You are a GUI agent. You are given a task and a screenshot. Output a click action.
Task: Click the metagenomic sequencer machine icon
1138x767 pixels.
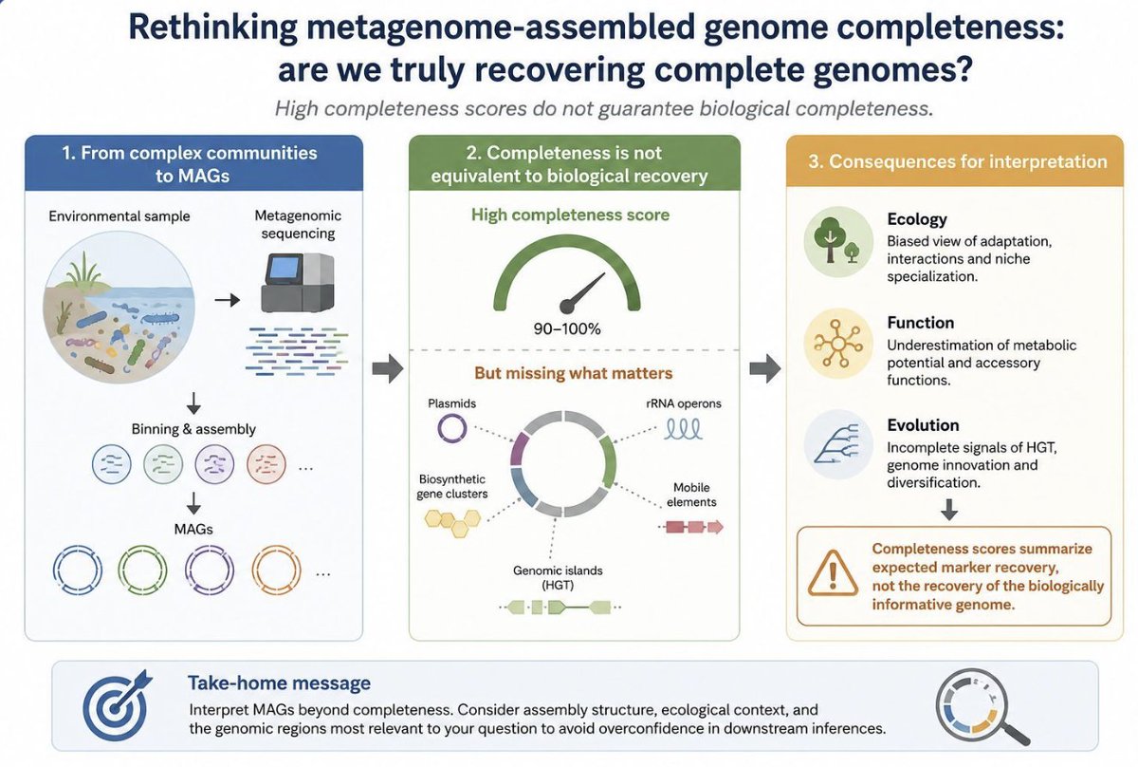click(298, 283)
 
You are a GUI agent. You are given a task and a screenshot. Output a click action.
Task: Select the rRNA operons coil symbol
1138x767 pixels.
click(684, 430)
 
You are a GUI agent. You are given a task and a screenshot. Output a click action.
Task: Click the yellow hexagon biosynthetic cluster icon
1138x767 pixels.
click(452, 522)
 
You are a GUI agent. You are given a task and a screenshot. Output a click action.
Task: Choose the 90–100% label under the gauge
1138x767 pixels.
click(567, 329)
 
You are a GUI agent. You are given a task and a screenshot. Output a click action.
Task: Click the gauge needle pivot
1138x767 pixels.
click(566, 307)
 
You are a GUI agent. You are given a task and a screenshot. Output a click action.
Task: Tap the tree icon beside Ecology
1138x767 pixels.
click(838, 242)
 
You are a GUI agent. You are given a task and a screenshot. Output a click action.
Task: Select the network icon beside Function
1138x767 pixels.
click(838, 345)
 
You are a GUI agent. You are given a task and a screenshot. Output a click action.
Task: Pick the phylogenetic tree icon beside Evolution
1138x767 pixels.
click(838, 444)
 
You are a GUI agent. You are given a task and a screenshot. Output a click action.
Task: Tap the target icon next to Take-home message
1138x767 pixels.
click(116, 705)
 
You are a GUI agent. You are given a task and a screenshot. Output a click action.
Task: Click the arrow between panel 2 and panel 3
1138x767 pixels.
click(765, 367)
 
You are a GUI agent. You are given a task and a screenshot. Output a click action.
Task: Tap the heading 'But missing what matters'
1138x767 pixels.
click(573, 373)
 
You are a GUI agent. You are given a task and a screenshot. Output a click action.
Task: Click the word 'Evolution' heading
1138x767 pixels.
click(923, 424)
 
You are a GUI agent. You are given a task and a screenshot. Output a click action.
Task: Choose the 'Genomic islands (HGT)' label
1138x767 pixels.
click(558, 578)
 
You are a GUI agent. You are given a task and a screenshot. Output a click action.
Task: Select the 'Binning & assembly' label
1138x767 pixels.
click(193, 429)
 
